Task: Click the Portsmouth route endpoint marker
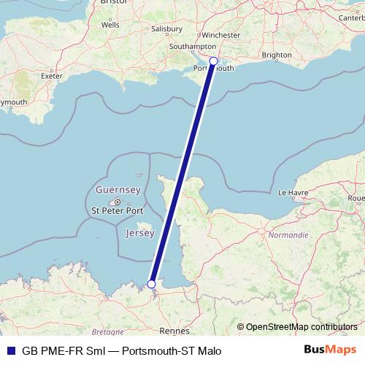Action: pyautogui.click(x=213, y=61)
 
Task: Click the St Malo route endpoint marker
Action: pyautogui.click(x=152, y=284)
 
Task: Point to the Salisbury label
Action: pyautogui.click(x=166, y=29)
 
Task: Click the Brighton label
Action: pyautogui.click(x=277, y=55)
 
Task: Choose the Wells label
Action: pyautogui.click(x=110, y=24)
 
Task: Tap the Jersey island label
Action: pyautogui.click(x=139, y=234)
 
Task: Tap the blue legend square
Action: pyautogui.click(x=10, y=350)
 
